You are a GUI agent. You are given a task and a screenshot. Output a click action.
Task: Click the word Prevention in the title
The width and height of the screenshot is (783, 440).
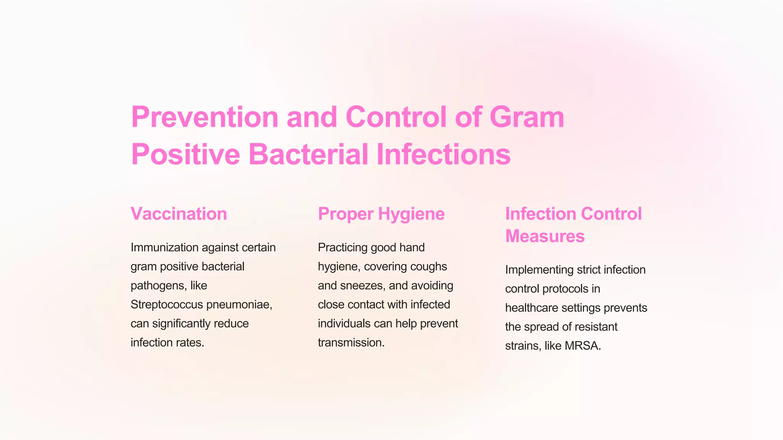pos(205,117)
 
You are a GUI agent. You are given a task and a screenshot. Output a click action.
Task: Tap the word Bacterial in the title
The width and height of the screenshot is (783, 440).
pos(308,155)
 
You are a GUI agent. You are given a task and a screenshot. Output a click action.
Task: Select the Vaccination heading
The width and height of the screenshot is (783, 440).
pos(179,214)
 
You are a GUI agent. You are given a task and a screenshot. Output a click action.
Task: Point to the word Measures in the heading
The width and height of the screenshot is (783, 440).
pos(545,236)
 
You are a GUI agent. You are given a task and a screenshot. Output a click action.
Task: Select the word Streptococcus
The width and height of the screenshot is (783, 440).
pos(167,304)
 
